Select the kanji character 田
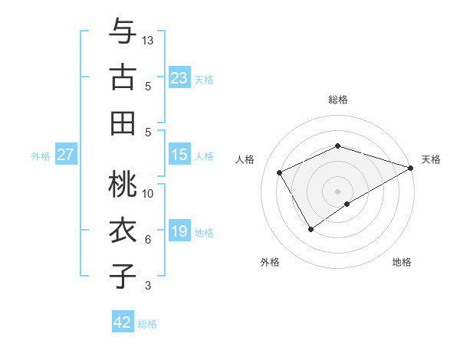123,123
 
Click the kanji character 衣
123,231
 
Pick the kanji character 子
123,277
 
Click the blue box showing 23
179,77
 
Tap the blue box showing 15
179,155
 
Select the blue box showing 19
179,231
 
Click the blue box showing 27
65,155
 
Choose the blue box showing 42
123,322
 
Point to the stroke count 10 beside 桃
149,193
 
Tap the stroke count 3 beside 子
148,286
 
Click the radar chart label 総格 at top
338,100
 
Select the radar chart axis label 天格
431,159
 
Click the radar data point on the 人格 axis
280,172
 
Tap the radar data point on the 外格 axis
310,229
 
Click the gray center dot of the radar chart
338,191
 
